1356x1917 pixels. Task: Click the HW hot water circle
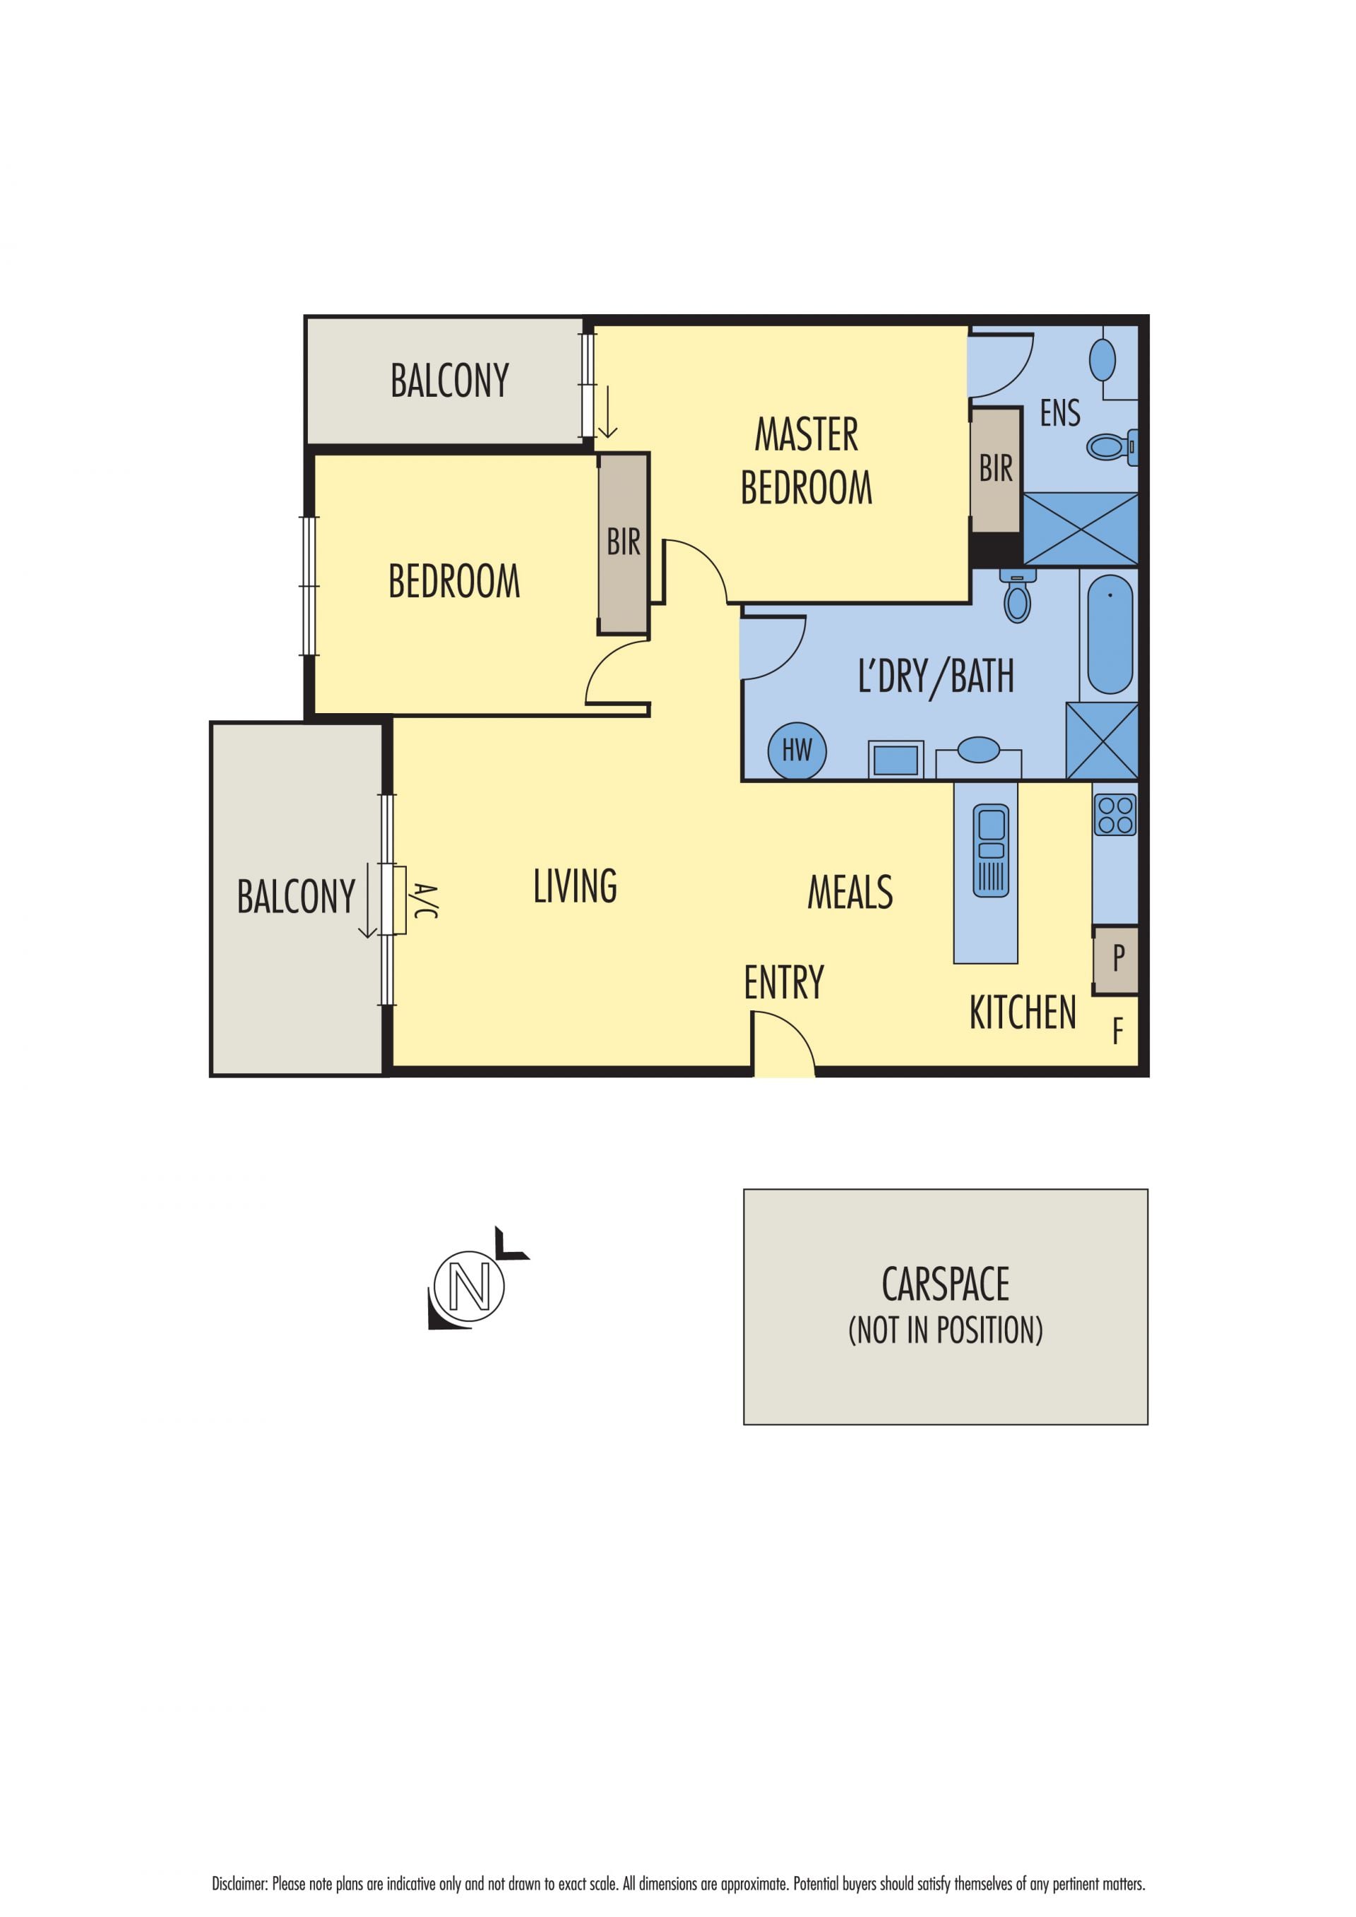pyautogui.click(x=797, y=751)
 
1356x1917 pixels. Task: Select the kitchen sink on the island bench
pyautogui.click(x=991, y=850)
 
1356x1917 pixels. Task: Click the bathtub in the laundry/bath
pyautogui.click(x=1110, y=634)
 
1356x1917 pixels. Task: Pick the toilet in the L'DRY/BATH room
pyautogui.click(x=1017, y=596)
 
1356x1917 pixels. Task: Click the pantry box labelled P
pyautogui.click(x=1116, y=960)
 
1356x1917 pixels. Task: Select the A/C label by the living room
pyautogui.click(x=424, y=901)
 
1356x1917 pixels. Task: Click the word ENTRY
pyautogui.click(x=784, y=982)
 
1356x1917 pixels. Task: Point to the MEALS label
pyautogui.click(x=850, y=892)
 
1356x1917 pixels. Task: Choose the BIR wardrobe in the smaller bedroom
pyautogui.click(x=624, y=544)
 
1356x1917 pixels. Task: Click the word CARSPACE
pyautogui.click(x=945, y=1284)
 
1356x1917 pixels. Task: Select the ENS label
pyautogui.click(x=1059, y=413)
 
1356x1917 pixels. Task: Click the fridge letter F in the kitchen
pyautogui.click(x=1117, y=1032)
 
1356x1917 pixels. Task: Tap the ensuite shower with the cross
pyautogui.click(x=1081, y=529)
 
